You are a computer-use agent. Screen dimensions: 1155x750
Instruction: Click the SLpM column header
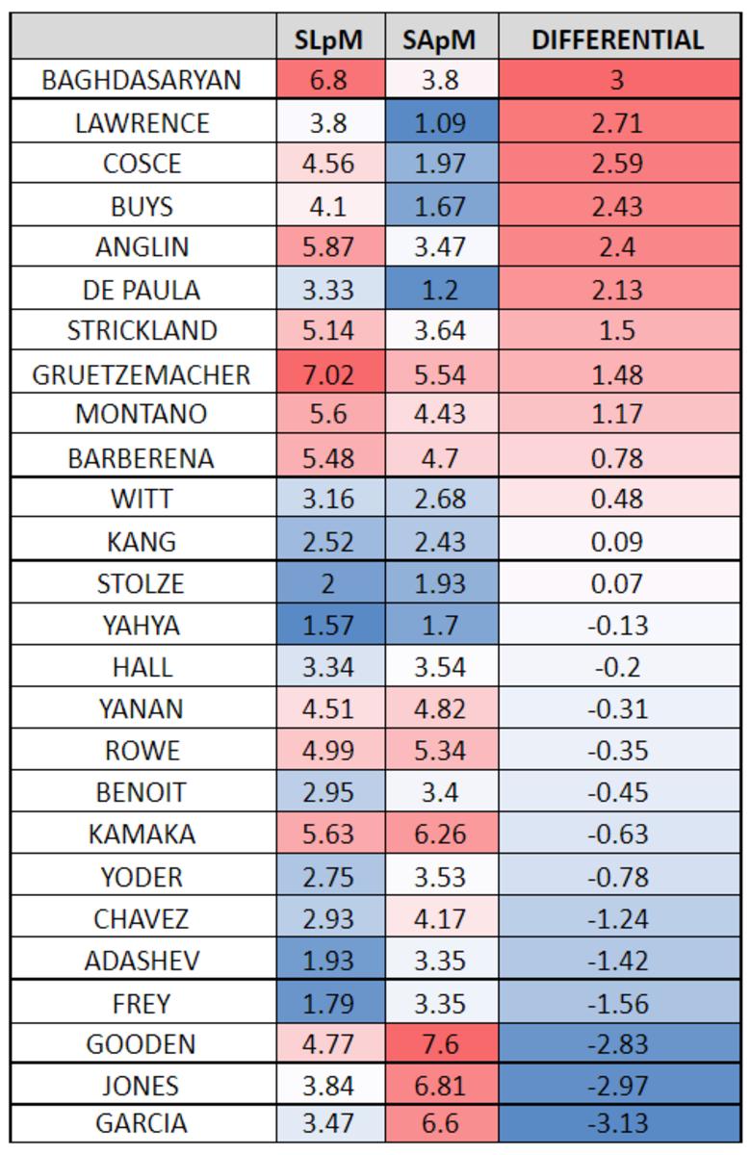pyautogui.click(x=330, y=39)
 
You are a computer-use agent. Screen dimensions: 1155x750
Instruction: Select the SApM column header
pyautogui.click(x=441, y=39)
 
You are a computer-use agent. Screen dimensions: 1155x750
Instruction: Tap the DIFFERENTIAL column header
pyautogui.click(x=618, y=39)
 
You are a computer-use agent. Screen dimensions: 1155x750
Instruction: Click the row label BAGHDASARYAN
pyautogui.click(x=142, y=80)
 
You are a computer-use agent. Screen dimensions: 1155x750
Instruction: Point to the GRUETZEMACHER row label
pyautogui.click(x=142, y=373)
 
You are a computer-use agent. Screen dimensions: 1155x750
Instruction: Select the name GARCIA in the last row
pyautogui.click(x=142, y=1123)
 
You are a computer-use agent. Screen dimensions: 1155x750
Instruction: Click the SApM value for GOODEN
pyautogui.click(x=441, y=1043)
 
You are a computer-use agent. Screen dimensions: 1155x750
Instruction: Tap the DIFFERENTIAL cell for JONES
pyautogui.click(x=618, y=1086)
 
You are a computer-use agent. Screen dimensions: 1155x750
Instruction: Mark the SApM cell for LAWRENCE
pyautogui.click(x=441, y=123)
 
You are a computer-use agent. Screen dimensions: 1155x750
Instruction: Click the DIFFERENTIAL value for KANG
pyautogui.click(x=618, y=541)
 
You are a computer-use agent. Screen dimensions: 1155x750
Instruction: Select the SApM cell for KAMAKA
pyautogui.click(x=441, y=834)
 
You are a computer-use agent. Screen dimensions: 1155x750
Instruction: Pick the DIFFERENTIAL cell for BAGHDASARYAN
pyautogui.click(x=618, y=80)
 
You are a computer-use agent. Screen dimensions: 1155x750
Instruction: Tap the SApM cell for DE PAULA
pyautogui.click(x=441, y=290)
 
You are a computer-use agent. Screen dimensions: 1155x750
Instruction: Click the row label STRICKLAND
pyautogui.click(x=142, y=331)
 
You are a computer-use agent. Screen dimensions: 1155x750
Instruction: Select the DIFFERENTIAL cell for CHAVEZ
pyautogui.click(x=618, y=918)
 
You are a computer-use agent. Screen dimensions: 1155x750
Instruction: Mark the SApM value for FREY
pyautogui.click(x=441, y=1003)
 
